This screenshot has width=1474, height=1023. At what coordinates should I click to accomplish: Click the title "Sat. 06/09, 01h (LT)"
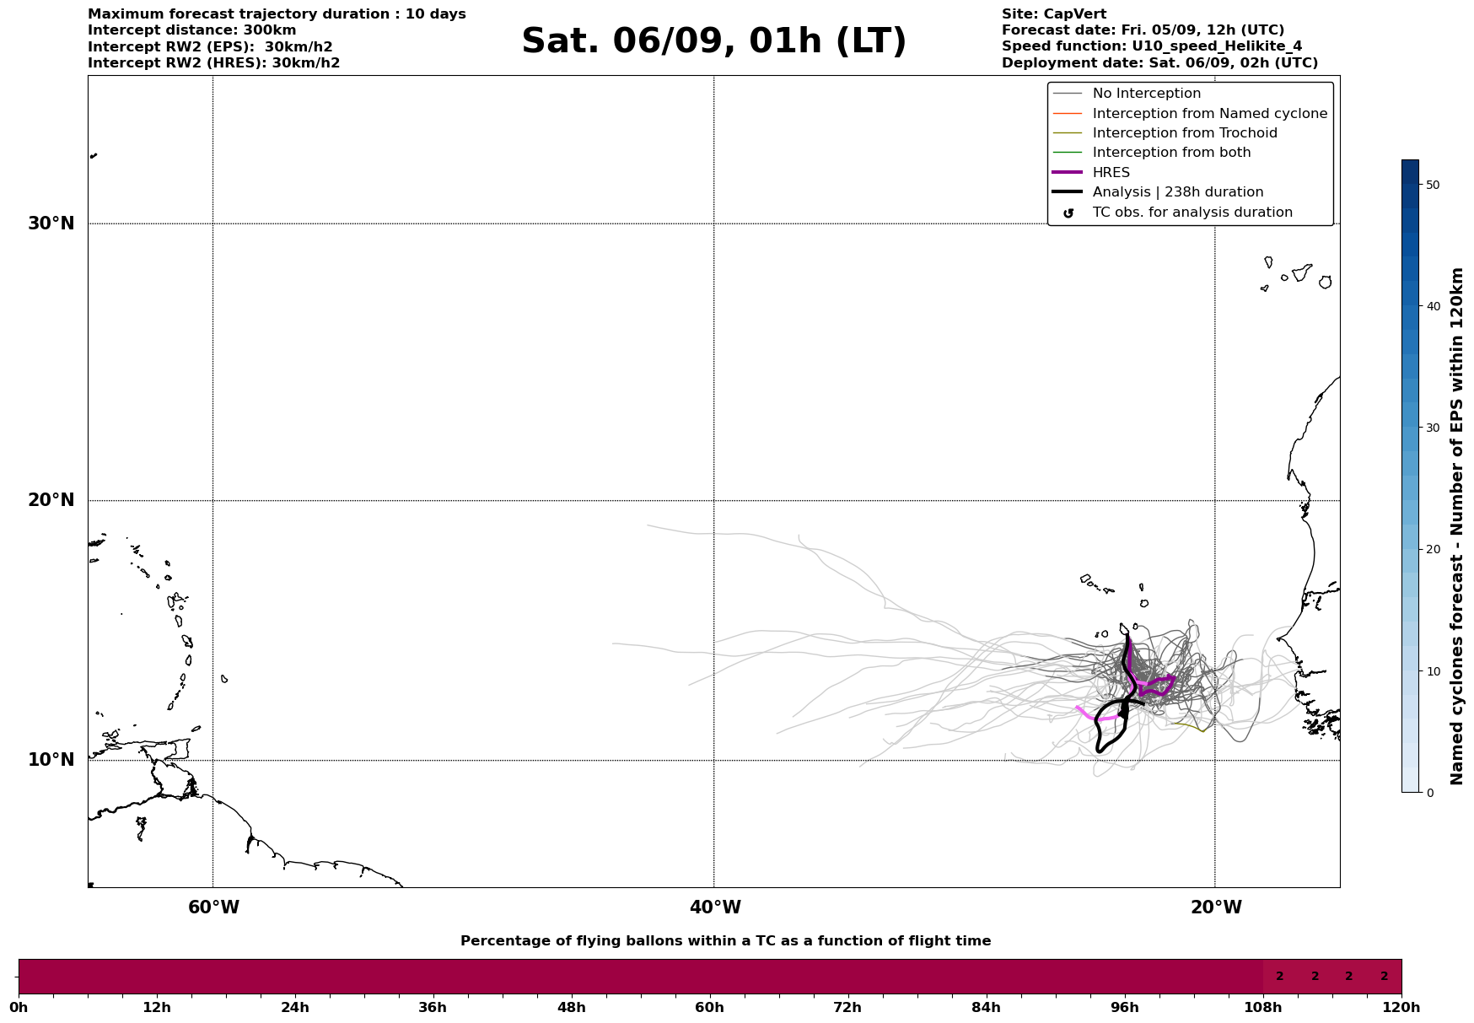(713, 41)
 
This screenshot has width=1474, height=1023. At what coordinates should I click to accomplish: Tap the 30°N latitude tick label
(51, 223)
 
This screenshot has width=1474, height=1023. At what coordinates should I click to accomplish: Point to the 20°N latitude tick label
(51, 500)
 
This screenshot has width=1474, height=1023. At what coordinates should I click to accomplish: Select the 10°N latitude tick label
(51, 760)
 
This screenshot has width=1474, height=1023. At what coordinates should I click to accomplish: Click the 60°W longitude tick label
(213, 907)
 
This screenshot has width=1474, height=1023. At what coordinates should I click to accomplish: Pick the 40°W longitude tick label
(715, 907)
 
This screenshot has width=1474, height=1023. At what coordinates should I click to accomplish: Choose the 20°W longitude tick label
(1216, 907)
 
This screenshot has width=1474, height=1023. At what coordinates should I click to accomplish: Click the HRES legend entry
(1111, 173)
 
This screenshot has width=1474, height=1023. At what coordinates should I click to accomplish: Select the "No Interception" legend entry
(1146, 94)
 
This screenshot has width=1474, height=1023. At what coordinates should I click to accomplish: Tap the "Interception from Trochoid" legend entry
(1184, 133)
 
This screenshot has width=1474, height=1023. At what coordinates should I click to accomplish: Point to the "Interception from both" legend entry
(1171, 153)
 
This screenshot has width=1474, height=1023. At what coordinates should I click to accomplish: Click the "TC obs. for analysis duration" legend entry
(1192, 213)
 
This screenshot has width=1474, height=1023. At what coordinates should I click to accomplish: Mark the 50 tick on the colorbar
(1432, 185)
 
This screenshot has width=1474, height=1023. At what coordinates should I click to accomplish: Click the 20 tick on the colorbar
(1432, 549)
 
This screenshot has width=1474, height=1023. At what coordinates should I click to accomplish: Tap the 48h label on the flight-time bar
(571, 1007)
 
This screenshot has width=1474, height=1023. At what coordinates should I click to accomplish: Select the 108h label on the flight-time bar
(1262, 1007)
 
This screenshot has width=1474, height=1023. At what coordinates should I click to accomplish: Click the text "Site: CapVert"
(1053, 14)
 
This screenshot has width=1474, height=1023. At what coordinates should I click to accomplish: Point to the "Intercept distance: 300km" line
(192, 30)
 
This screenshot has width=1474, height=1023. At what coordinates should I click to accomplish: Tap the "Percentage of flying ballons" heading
(725, 941)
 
